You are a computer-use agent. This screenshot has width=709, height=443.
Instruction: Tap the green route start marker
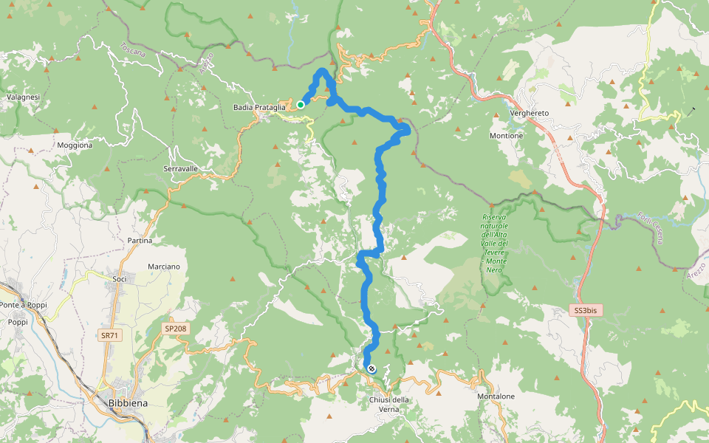point(301,105)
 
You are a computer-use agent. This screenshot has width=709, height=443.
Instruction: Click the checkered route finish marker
point(371,368)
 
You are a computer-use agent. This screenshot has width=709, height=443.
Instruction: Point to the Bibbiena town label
point(127,403)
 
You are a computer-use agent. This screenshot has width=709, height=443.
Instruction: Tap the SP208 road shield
point(176,328)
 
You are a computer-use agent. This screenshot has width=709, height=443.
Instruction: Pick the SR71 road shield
point(109,336)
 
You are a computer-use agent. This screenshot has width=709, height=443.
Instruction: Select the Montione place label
point(506,136)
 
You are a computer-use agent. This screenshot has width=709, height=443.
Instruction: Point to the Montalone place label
point(496,396)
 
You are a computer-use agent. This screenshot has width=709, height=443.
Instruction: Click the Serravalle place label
point(181,169)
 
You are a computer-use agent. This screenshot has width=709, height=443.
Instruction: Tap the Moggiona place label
point(75,145)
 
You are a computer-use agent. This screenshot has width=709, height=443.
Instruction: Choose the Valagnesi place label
point(23,97)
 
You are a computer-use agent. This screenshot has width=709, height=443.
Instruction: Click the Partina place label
point(140,241)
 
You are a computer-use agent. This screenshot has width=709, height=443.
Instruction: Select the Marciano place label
point(163,266)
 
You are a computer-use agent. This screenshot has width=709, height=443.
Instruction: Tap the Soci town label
point(120,279)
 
